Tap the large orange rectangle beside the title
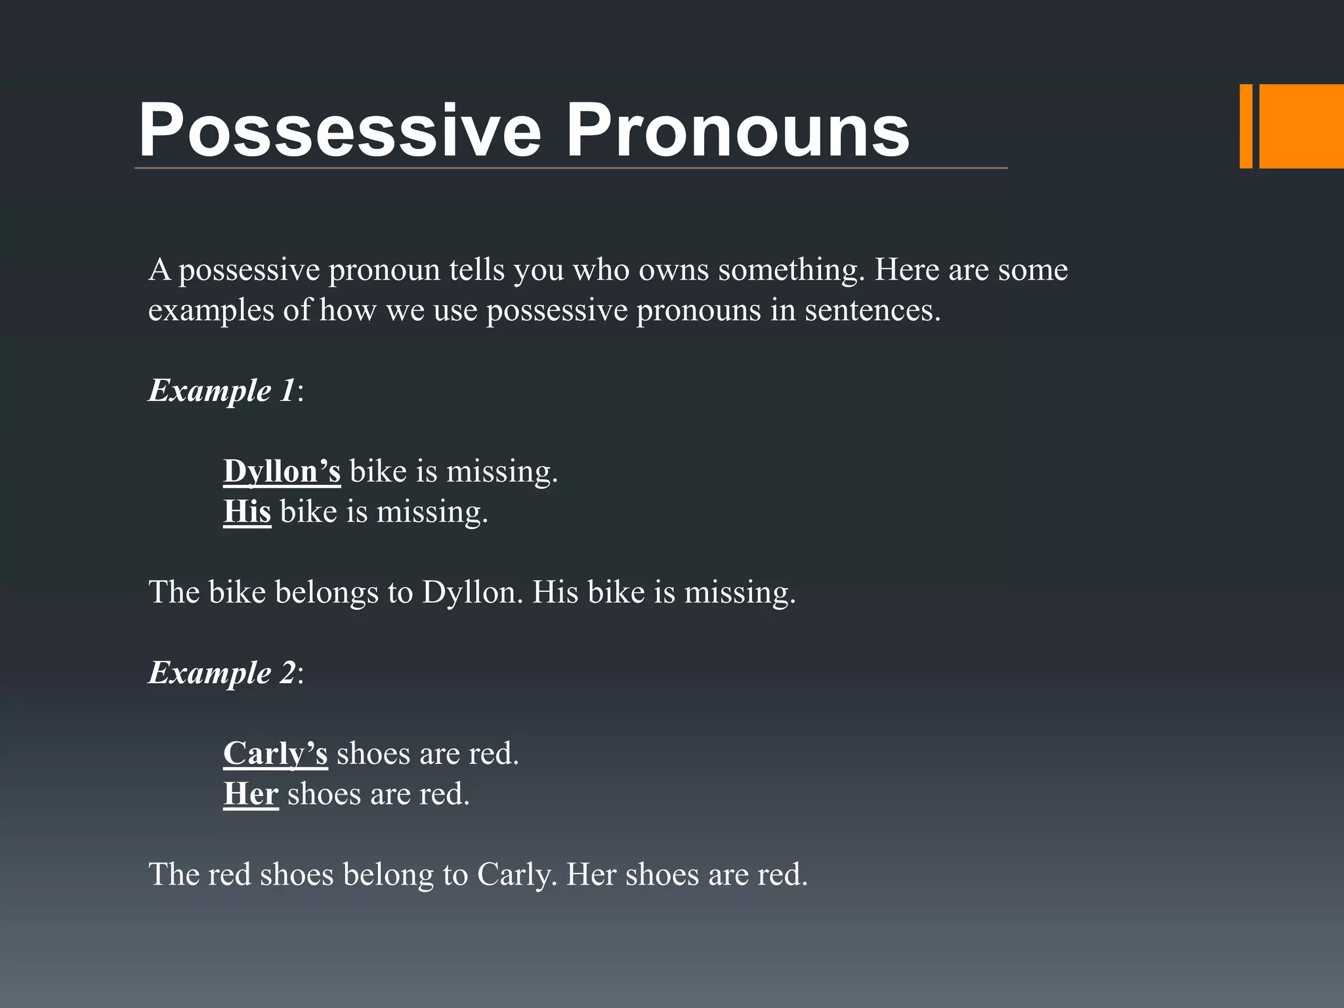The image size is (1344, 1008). tap(1301, 126)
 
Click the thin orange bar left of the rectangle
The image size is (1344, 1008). tap(1246, 126)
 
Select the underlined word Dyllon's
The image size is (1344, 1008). tap(282, 471)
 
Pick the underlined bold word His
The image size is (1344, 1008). tap(247, 511)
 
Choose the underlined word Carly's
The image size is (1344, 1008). tap(275, 753)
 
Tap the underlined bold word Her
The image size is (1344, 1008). tap(251, 794)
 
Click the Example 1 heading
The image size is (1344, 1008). tap(222, 390)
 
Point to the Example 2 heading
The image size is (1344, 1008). tap(222, 673)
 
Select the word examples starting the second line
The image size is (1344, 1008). tap(211, 310)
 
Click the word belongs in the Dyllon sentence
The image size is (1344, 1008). tap(326, 592)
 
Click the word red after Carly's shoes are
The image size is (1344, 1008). tap(493, 753)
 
